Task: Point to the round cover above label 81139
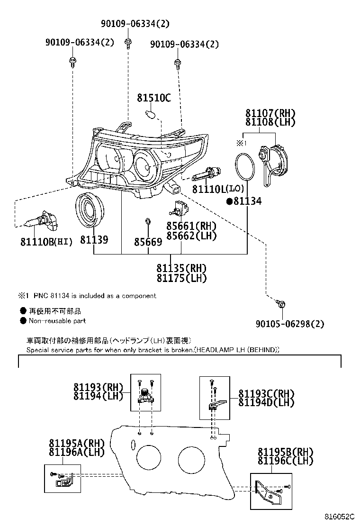(x=89, y=209)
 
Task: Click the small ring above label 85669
(x=147, y=221)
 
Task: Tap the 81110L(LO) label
(x=218, y=189)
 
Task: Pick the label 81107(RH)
(x=270, y=113)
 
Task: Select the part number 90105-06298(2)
(x=290, y=324)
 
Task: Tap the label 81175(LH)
(x=181, y=278)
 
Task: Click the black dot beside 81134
(x=229, y=201)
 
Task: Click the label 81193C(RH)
(x=266, y=394)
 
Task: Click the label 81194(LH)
(x=98, y=395)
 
